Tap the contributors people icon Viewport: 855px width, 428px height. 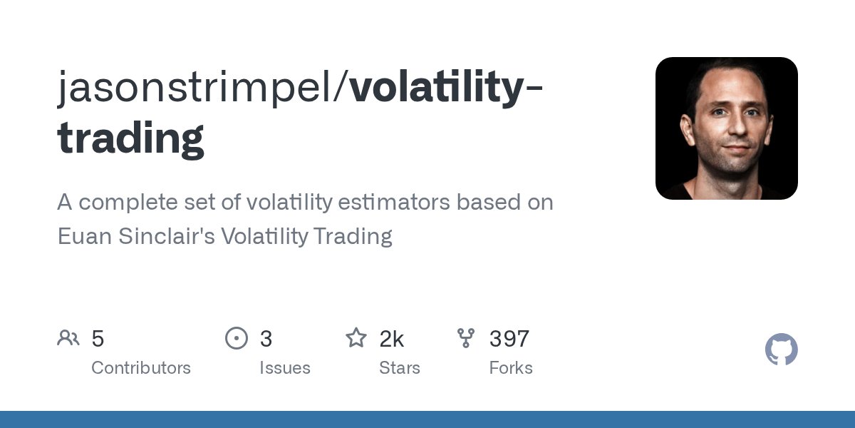(68, 338)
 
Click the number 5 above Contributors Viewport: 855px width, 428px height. (98, 339)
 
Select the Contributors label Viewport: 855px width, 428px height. (141, 368)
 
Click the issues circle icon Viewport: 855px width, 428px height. (236, 338)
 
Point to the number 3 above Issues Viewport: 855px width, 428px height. (266, 339)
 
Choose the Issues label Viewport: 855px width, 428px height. (285, 368)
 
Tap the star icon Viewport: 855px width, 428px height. (356, 338)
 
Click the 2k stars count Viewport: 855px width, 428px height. (392, 339)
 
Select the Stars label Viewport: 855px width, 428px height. (400, 368)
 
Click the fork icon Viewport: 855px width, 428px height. (466, 338)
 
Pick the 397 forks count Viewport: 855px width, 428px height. (509, 339)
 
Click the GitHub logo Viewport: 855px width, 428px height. (781, 350)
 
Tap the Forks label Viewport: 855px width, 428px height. (511, 368)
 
